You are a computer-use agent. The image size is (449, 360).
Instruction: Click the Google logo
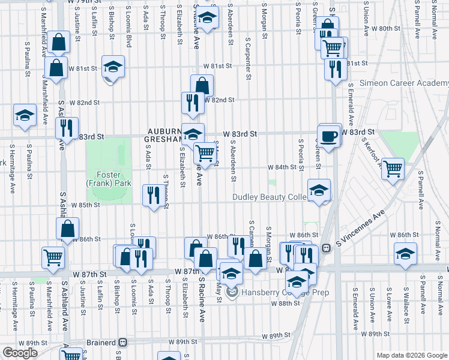point(20,353)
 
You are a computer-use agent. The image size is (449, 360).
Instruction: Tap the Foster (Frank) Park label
point(109,178)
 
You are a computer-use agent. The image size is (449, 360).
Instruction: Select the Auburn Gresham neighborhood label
point(162,135)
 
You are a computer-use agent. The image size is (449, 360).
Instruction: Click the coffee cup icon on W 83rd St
point(329,136)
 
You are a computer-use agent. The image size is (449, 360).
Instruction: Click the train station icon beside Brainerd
point(123,341)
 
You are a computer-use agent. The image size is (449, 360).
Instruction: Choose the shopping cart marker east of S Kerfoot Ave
point(393,169)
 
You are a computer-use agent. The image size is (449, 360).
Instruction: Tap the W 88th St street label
point(285,304)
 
